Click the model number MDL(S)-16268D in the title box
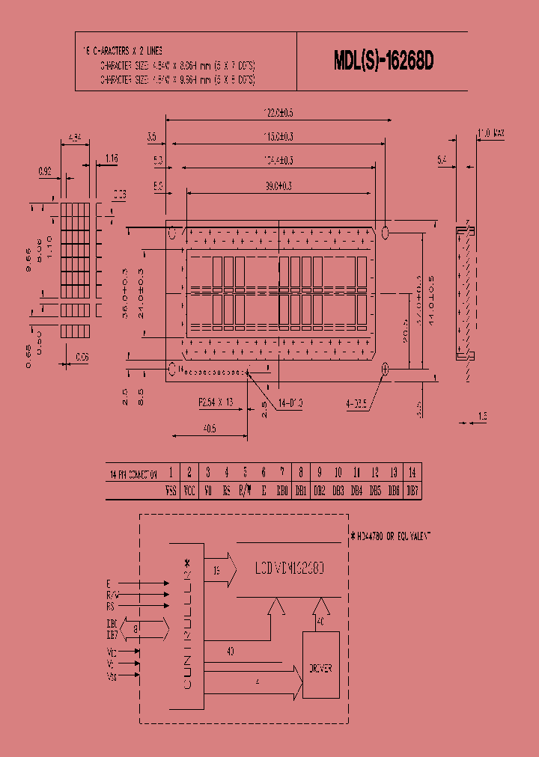[383, 63]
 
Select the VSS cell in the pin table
[171, 491]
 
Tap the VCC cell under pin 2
[189, 491]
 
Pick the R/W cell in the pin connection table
[245, 491]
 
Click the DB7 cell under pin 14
[412, 491]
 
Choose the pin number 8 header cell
[300, 473]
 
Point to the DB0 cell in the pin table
[281, 491]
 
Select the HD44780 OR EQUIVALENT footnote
[391, 536]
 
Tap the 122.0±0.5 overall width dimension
[278, 112]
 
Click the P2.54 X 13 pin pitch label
[216, 402]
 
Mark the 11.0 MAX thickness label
[491, 133]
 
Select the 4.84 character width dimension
[74, 137]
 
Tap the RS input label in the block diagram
[110, 607]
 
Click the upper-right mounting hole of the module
[386, 232]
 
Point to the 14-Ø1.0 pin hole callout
[292, 404]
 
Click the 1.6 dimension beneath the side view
[483, 416]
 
